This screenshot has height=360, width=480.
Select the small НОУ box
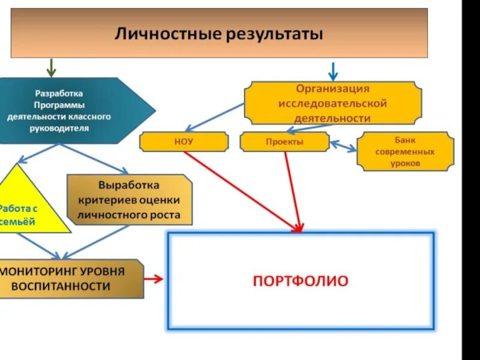[x=184, y=142]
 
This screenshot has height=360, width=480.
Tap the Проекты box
[x=284, y=142]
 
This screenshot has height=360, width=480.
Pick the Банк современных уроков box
[x=405, y=152]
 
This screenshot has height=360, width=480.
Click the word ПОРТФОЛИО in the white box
[x=300, y=281]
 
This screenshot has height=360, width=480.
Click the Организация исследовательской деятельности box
[x=332, y=103]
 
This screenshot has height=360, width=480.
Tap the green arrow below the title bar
[x=51, y=68]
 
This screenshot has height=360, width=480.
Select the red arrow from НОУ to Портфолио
[x=240, y=189]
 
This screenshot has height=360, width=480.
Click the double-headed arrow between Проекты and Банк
[x=343, y=145]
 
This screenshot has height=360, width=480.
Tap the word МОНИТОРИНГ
[x=33, y=271]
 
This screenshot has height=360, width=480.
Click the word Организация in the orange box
[x=332, y=89]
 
